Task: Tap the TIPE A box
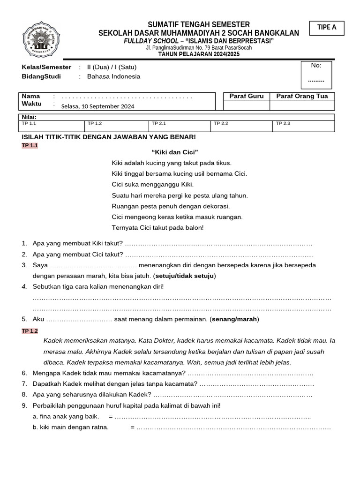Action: (327, 28)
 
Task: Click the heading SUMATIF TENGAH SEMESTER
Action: (199, 24)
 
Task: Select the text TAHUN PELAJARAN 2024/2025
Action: (199, 54)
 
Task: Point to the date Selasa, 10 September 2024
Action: (97, 106)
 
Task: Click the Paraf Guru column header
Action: (246, 96)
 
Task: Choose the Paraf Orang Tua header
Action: (302, 96)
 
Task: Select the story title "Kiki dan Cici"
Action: (175, 152)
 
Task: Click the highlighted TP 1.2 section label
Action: (30, 331)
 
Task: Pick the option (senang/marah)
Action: (234, 319)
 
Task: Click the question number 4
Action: (24, 286)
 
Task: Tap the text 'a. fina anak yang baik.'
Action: (66, 416)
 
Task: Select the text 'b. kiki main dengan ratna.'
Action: (70, 427)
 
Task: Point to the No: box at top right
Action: (316, 75)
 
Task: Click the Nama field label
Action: (31, 96)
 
